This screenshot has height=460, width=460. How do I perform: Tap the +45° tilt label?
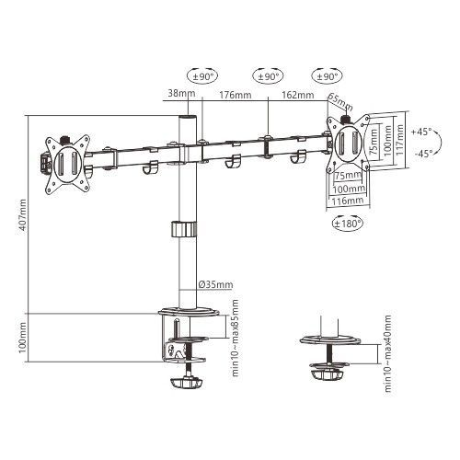pos(422,132)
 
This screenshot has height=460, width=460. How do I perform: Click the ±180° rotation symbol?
pos(346,222)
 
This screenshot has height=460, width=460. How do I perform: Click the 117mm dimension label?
pos(397,140)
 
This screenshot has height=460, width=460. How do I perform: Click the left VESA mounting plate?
pos(67,163)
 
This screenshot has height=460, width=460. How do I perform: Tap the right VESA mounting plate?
pos(349,145)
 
